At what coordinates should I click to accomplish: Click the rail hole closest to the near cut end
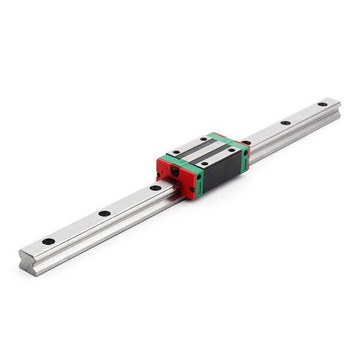pyautogui.click(x=48, y=241)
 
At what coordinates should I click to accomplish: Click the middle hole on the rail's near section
pyautogui.click(x=104, y=213)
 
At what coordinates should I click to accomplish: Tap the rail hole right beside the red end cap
pyautogui.click(x=155, y=188)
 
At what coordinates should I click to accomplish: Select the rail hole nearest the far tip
pyautogui.click(x=322, y=104)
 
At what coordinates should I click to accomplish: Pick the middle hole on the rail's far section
pyautogui.click(x=286, y=123)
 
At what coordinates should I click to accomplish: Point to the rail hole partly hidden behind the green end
pyautogui.click(x=246, y=142)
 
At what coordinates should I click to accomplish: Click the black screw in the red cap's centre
pyautogui.click(x=175, y=172)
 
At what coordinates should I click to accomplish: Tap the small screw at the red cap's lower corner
pyautogui.click(x=191, y=189)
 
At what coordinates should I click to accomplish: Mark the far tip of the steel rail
pyautogui.click(x=337, y=103)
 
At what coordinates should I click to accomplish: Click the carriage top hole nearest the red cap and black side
pyautogui.click(x=205, y=163)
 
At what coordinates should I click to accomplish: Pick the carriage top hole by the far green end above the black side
pyautogui.click(x=230, y=150)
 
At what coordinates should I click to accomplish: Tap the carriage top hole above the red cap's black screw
pyautogui.click(x=176, y=152)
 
